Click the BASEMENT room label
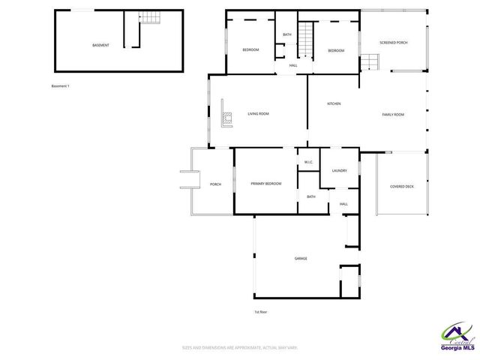(x=100, y=45)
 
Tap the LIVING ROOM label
(x=258, y=114)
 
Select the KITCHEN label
(x=334, y=103)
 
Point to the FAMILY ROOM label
(x=393, y=115)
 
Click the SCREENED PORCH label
(x=393, y=43)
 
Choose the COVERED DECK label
(x=401, y=187)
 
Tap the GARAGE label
(x=301, y=259)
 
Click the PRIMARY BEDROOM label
(x=266, y=184)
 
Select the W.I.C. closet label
(x=308, y=162)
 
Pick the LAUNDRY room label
(x=339, y=170)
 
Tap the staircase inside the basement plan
(x=151, y=18)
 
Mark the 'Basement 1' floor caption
(x=60, y=86)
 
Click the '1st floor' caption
(x=261, y=311)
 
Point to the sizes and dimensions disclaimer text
(x=240, y=347)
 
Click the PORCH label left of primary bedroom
(x=215, y=184)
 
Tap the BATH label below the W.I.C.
(x=310, y=196)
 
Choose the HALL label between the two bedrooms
(x=293, y=65)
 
